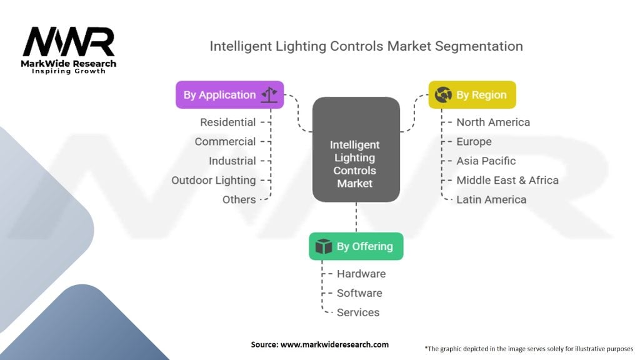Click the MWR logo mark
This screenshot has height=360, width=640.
click(x=69, y=42)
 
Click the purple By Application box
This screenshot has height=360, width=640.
click(x=230, y=95)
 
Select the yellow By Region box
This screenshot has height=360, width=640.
click(x=472, y=95)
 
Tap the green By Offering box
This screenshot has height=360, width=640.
click(x=356, y=246)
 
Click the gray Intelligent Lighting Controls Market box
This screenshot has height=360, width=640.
click(x=356, y=149)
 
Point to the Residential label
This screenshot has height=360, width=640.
click(x=227, y=122)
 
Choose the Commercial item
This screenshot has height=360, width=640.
click(x=225, y=142)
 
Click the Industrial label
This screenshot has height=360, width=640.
click(x=232, y=161)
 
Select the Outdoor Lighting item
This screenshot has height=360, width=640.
click(x=214, y=181)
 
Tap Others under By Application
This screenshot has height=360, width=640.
click(x=239, y=199)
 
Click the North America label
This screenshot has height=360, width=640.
click(x=493, y=122)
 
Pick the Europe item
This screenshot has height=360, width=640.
click(x=474, y=142)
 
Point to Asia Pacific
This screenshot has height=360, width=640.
click(x=486, y=161)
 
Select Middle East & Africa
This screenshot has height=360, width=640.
click(x=507, y=181)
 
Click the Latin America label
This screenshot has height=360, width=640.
click(x=491, y=199)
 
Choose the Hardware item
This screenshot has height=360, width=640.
click(x=361, y=274)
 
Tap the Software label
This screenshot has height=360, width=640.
click(x=359, y=293)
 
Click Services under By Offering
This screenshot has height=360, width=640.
click(x=358, y=312)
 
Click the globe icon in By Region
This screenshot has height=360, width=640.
click(x=443, y=95)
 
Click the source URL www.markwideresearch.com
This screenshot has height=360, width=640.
click(x=334, y=344)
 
